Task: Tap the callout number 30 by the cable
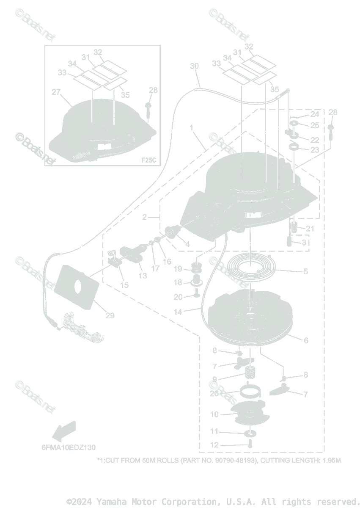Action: (x=194, y=66)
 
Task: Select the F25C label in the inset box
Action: (x=148, y=160)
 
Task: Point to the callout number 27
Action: (x=57, y=92)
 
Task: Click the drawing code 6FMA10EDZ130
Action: (x=69, y=447)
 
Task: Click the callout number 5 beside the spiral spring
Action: (x=305, y=271)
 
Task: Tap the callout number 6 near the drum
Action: (x=305, y=340)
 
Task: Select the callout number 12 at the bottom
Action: (x=214, y=445)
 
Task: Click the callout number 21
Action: (x=310, y=229)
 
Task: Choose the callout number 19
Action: (x=178, y=269)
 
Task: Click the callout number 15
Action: (x=124, y=285)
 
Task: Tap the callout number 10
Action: (x=214, y=414)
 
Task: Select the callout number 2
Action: (x=145, y=217)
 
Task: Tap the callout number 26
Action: (x=214, y=393)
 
